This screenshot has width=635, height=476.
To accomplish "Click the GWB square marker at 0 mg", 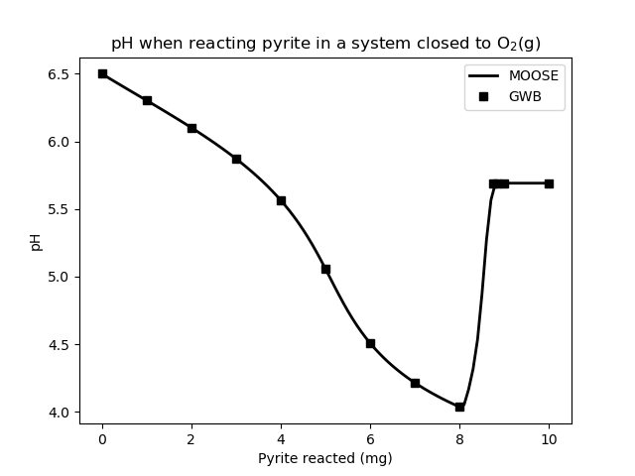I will (102, 73).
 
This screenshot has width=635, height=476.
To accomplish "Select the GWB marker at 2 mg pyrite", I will (191, 128).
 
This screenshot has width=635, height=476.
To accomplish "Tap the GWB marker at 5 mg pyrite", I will (325, 269).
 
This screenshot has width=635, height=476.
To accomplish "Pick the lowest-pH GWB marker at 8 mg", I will (459, 407).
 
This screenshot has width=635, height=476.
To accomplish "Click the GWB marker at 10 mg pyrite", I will (549, 183).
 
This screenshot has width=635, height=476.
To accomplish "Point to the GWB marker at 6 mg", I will (370, 343).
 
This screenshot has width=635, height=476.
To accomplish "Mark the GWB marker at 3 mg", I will (236, 159).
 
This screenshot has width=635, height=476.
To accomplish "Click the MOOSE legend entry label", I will (533, 76).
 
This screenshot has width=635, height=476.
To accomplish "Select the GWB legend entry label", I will (527, 96).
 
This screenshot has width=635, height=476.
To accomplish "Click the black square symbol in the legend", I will (486, 96).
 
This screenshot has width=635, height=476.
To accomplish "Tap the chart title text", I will (325, 44).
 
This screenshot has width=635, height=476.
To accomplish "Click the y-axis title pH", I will (37, 241).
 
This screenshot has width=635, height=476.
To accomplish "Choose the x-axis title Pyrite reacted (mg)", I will (325, 458).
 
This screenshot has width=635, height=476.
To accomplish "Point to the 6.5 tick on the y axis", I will (59, 74).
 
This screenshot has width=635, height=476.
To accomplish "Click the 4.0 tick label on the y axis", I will (59, 413).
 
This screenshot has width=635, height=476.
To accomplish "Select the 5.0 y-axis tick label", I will (59, 277).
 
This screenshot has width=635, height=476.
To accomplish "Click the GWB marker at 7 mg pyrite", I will (415, 383).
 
